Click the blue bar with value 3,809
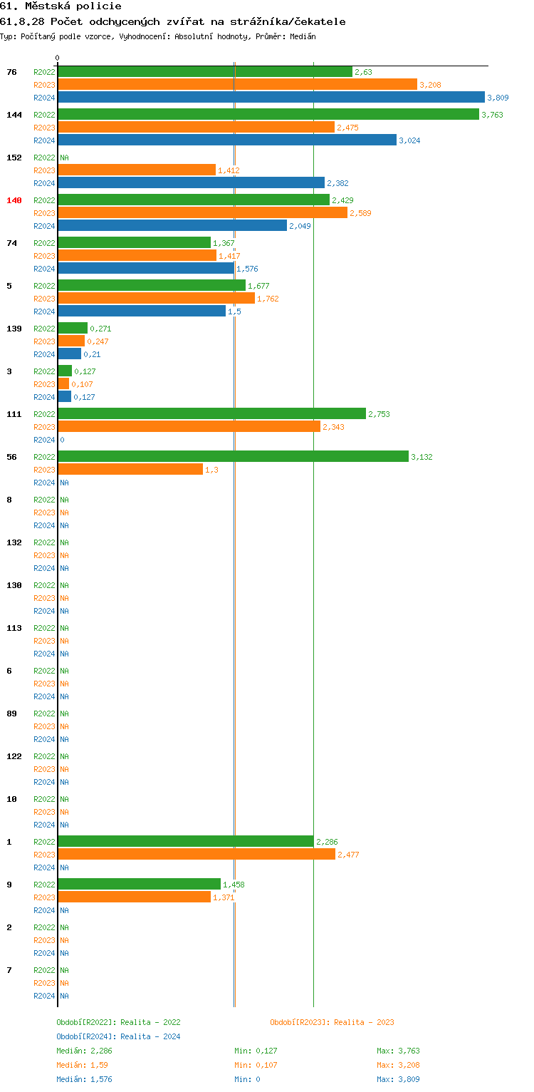[271, 97]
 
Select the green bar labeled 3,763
[268, 114]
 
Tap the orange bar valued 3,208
[237, 84]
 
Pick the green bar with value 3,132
[233, 456]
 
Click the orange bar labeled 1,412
[137, 170]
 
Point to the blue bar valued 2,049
[172, 225]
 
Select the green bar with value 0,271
[73, 328]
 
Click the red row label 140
[14, 200]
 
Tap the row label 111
[14, 414]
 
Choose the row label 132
[14, 542]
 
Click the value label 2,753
[379, 414]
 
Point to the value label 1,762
[268, 299]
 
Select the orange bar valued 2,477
[197, 854]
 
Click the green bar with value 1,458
[139, 884]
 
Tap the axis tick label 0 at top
[58, 58]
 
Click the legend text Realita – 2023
[364, 1022]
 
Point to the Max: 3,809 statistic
[398, 1079]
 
